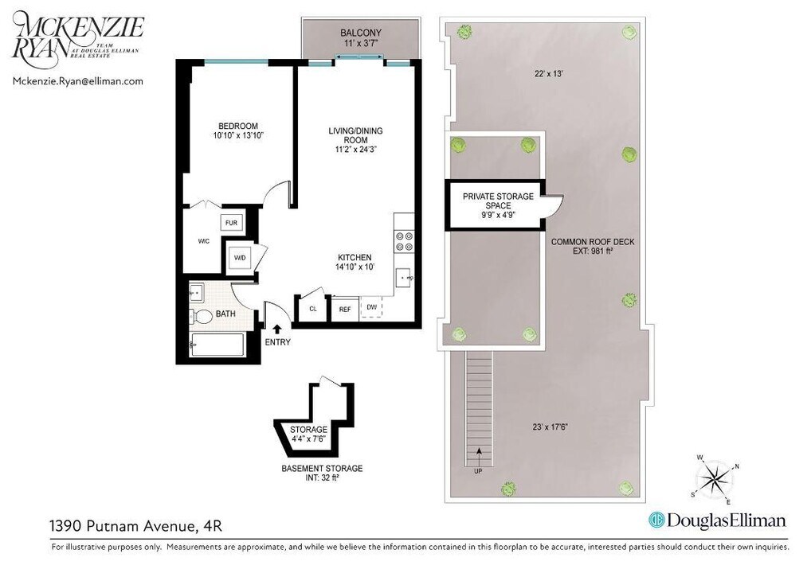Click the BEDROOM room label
click(x=238, y=131)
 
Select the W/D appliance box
click(x=238, y=258)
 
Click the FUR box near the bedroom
click(x=231, y=223)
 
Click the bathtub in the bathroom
click(x=217, y=345)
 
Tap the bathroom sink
click(x=197, y=293)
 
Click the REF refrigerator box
click(x=345, y=309)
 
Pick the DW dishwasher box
click(x=371, y=307)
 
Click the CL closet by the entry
click(x=312, y=309)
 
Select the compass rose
click(x=715, y=480)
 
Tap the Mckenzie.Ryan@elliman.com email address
click(x=78, y=80)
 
